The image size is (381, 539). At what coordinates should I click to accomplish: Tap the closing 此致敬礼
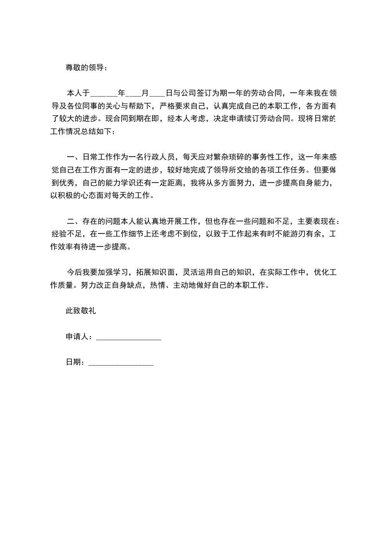[x=81, y=311]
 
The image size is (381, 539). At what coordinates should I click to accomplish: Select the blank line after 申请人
[x=129, y=338]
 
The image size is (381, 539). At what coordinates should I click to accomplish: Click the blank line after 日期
[x=121, y=363]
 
